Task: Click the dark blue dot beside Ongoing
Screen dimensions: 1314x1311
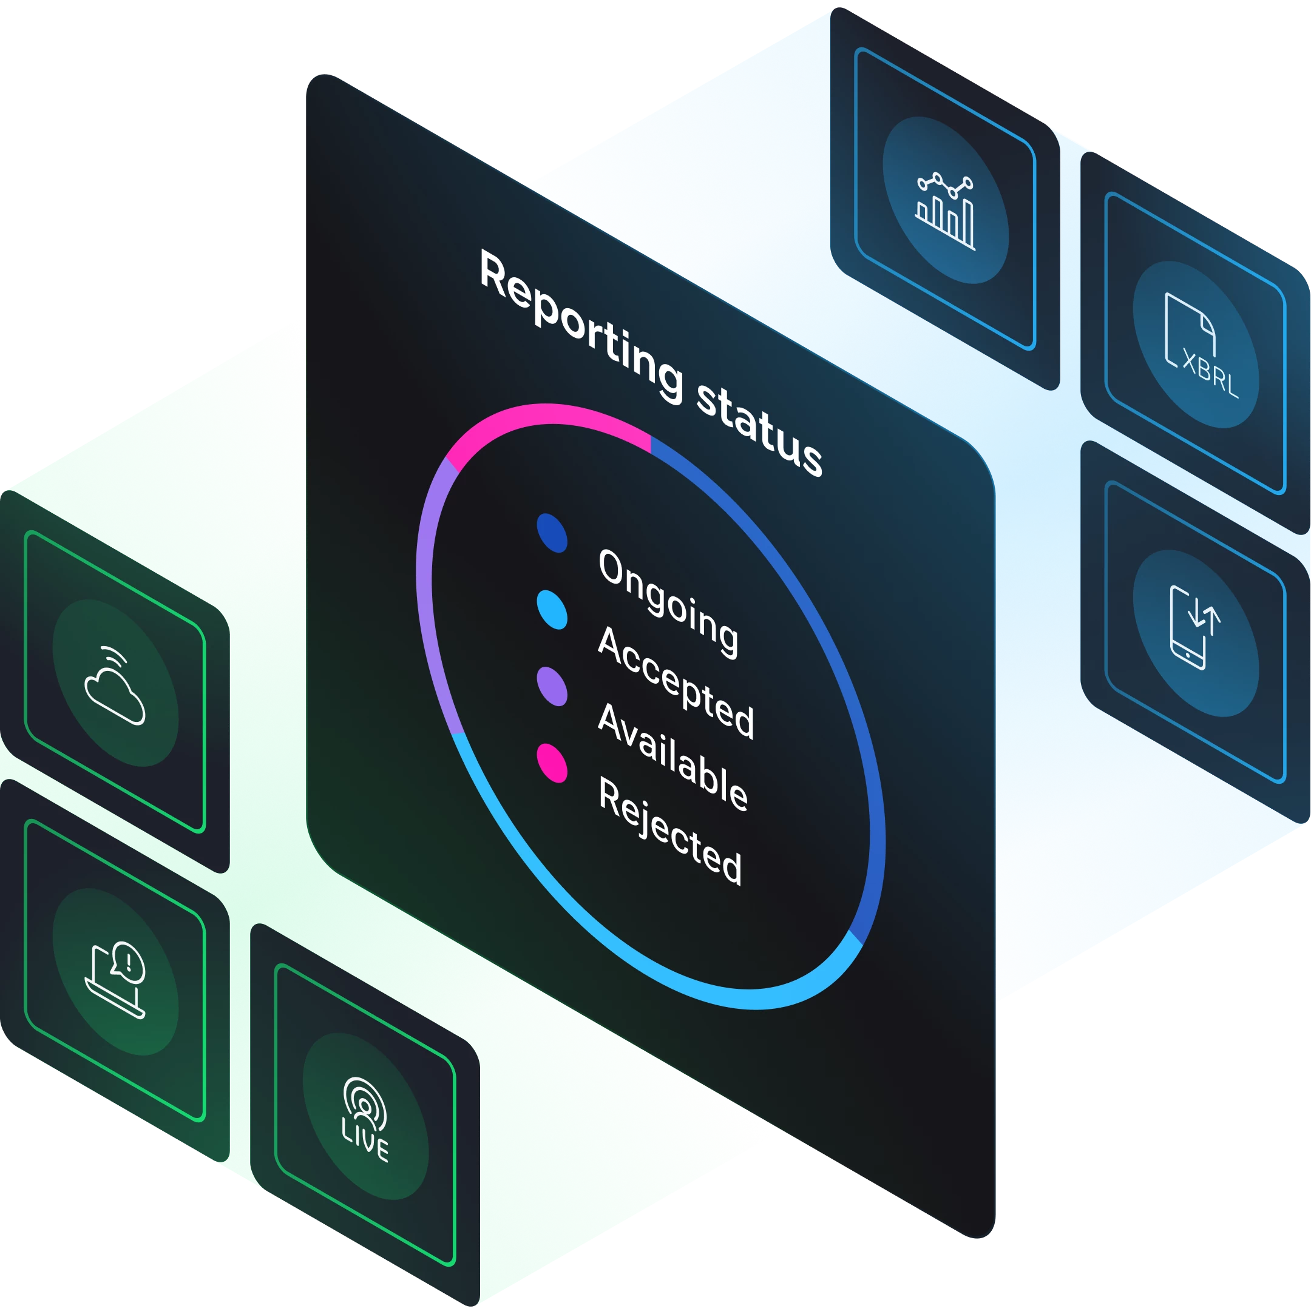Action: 552,533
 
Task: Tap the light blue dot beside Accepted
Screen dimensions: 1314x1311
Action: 552,610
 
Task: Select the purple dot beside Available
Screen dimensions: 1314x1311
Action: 552,686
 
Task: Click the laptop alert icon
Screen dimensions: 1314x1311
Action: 116,979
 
